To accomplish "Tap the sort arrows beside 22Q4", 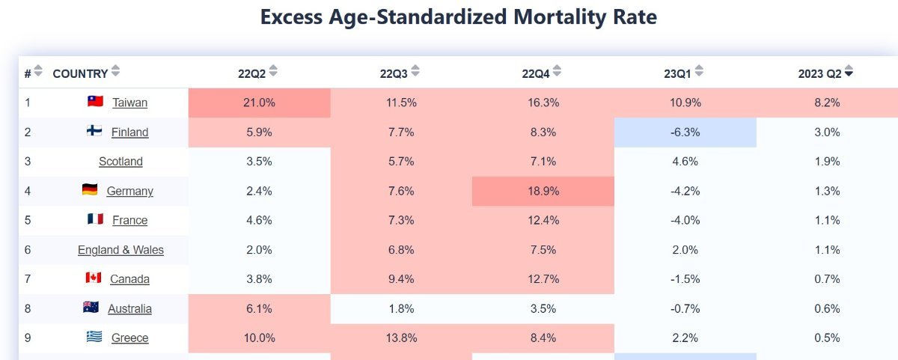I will (x=558, y=72).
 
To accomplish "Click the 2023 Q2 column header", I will (x=819, y=73).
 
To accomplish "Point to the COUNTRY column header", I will (x=80, y=73).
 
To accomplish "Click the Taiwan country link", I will (x=130, y=103).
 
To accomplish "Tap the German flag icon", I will (x=90, y=190).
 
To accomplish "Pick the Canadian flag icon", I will (x=93, y=278).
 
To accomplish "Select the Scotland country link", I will (x=120, y=161).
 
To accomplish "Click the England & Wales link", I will (x=120, y=249).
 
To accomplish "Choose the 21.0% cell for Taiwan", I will (x=259, y=103).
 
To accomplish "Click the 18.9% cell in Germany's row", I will (x=543, y=191).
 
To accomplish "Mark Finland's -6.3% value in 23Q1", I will (x=685, y=132).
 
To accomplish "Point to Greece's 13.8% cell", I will (x=401, y=338).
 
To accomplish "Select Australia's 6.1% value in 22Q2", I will (x=259, y=308).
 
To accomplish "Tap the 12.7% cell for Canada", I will (x=543, y=279).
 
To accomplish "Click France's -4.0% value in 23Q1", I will (x=685, y=220).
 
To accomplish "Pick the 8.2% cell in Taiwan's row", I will (x=827, y=103).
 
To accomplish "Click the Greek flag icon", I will (x=94, y=337).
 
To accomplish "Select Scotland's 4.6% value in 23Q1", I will (x=685, y=161).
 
